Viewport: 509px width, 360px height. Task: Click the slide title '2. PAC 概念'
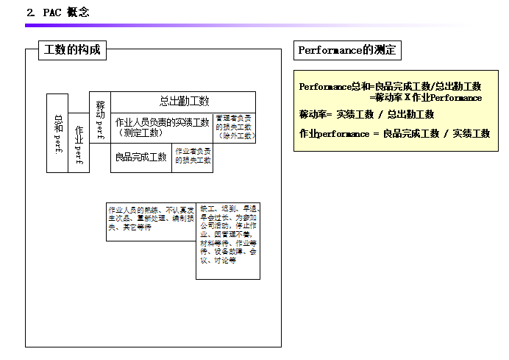[58, 12]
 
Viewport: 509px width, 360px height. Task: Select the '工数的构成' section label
[71, 50]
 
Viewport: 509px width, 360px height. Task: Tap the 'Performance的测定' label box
[347, 50]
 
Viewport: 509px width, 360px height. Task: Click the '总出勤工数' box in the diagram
[184, 101]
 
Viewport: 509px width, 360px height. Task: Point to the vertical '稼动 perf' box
[99, 116]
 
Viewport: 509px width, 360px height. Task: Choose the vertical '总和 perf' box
[57, 133]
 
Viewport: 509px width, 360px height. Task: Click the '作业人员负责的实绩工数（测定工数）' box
[162, 127]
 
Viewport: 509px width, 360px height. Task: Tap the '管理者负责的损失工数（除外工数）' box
[235, 127]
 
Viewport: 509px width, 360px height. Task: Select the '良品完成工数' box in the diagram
[140, 158]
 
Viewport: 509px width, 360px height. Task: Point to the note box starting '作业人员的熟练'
[150, 219]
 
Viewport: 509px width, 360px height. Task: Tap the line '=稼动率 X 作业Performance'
[427, 97]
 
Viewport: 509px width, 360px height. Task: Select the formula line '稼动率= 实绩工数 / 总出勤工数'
[366, 114]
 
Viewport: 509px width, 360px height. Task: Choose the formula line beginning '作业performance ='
[394, 133]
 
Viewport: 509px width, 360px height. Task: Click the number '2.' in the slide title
[30, 12]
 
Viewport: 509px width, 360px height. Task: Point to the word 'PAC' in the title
[51, 12]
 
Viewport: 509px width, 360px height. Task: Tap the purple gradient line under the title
[221, 25]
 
